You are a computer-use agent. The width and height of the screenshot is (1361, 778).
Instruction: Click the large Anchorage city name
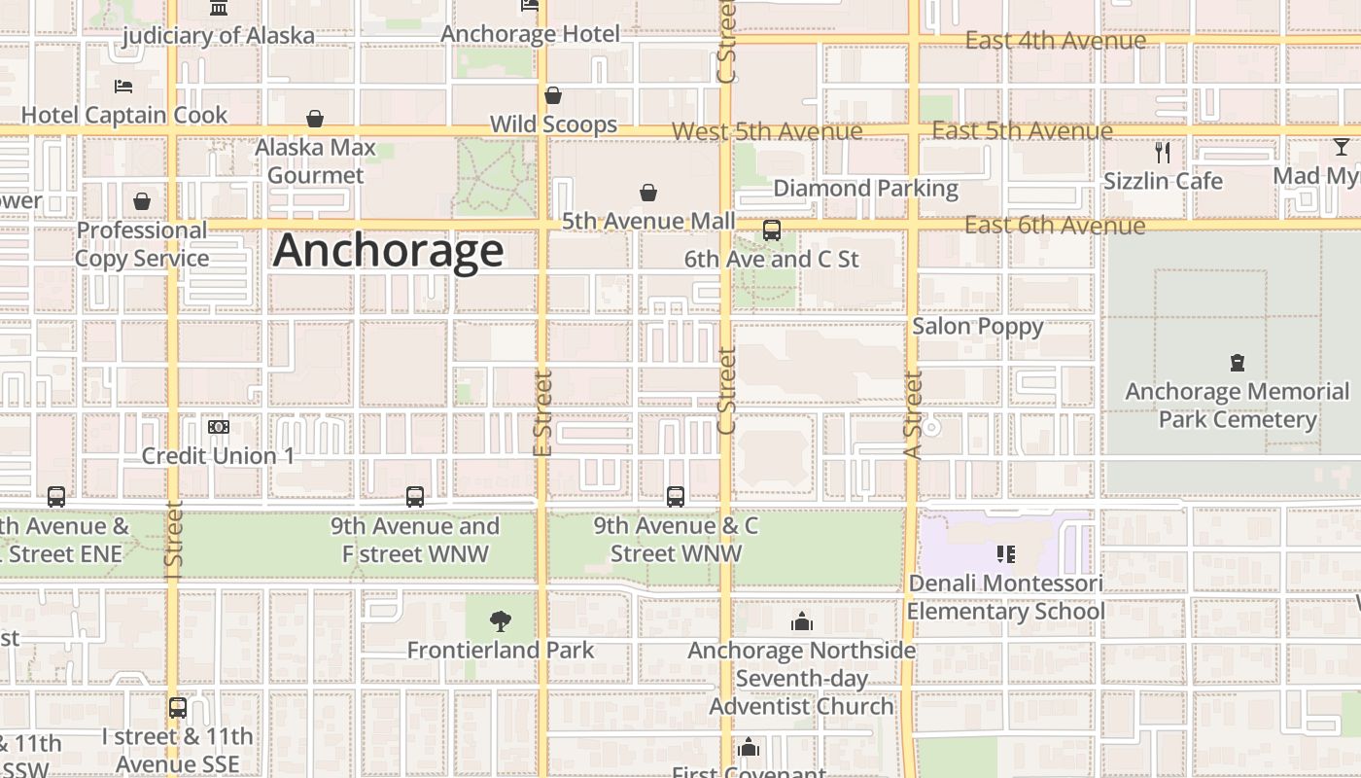[x=388, y=250]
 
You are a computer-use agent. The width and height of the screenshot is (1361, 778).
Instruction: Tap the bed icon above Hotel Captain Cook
[x=123, y=87]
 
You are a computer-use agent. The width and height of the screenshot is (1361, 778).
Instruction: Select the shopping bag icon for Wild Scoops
[x=553, y=95]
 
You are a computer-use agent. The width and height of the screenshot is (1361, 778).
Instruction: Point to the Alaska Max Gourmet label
[x=315, y=161]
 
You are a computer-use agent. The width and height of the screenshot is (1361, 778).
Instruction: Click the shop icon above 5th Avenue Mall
[x=648, y=194]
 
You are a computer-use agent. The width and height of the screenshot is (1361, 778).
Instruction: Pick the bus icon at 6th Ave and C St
[x=772, y=230]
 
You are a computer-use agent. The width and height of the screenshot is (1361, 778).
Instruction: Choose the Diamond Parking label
[x=865, y=188]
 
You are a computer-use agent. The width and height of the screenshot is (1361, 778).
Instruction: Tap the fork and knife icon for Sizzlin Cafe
[x=1163, y=152]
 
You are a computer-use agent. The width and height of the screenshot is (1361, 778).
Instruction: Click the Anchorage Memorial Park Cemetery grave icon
[x=1238, y=363]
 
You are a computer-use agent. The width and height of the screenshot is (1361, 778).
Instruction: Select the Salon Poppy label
[x=977, y=326]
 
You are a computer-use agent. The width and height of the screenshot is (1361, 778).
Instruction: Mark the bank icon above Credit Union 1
[x=219, y=427]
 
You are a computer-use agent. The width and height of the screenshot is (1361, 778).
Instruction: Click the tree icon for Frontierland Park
[x=501, y=620]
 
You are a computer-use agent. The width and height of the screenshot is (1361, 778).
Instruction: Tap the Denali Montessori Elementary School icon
[x=1006, y=554]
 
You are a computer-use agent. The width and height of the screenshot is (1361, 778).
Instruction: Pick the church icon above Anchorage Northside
[x=802, y=621]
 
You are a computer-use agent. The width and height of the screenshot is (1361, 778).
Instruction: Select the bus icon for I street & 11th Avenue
[x=178, y=708]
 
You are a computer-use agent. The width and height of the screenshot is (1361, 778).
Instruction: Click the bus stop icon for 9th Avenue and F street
[x=415, y=497]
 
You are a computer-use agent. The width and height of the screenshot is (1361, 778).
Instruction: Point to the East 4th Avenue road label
[x=1055, y=41]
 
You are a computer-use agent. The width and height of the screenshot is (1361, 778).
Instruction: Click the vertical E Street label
[x=542, y=413]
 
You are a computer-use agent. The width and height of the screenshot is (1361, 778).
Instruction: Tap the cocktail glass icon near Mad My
[x=1342, y=148]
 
